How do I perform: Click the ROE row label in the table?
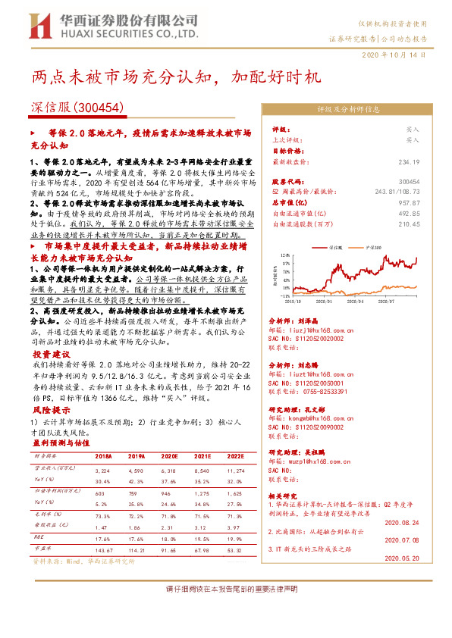pos(39,536)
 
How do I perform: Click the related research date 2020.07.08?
pos(402,539)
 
